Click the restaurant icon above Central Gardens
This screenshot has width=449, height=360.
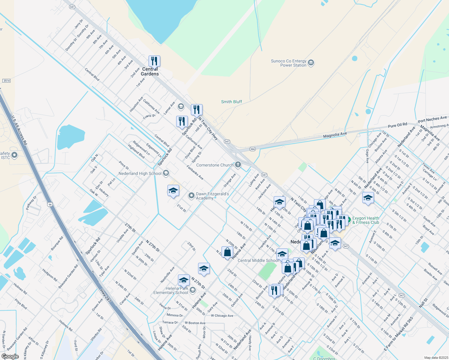(x=154, y=61)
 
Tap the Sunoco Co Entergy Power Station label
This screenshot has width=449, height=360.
(x=288, y=63)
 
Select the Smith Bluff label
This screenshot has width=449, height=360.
(x=231, y=102)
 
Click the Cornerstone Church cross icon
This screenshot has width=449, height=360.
(x=238, y=164)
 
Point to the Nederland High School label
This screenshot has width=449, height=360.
(x=140, y=173)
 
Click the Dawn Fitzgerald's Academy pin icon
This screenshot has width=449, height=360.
(x=191, y=196)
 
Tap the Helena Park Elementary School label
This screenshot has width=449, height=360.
(x=171, y=290)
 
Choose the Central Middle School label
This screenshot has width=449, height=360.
(x=258, y=260)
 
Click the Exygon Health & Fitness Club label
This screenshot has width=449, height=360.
(x=366, y=220)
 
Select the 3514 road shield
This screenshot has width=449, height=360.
(x=6, y=81)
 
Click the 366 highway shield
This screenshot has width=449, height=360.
(x=252, y=149)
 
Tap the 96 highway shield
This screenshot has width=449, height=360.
(x=50, y=204)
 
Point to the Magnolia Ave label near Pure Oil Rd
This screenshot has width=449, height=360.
(x=335, y=135)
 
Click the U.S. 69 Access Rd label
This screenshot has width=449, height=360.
(x=19, y=130)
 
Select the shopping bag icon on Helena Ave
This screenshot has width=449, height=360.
(x=228, y=252)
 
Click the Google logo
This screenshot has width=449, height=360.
(x=10, y=356)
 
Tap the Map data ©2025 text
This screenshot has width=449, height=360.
(x=436, y=358)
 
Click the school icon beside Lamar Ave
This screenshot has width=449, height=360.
(x=181, y=106)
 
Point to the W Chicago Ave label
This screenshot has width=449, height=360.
(x=222, y=316)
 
